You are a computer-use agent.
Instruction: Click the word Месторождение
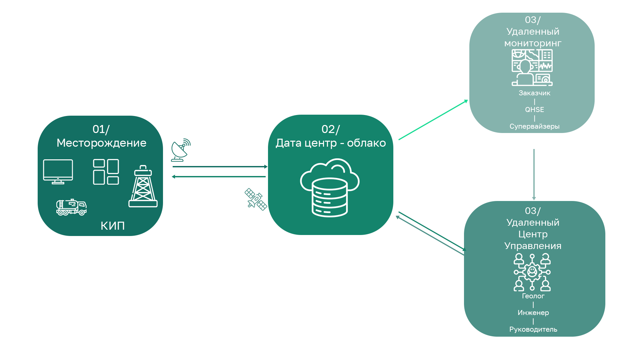[101, 143]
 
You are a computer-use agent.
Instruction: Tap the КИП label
[113, 226]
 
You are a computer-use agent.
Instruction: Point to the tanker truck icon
[71, 207]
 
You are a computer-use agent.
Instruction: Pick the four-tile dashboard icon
[106, 172]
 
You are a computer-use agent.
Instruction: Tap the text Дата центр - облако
[331, 143]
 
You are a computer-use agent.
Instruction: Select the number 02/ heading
[331, 129]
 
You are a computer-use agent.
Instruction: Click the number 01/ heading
[101, 129]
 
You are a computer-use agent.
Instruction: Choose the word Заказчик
[534, 93]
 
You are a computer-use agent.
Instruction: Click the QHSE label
[534, 110]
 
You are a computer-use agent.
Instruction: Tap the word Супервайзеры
[534, 126]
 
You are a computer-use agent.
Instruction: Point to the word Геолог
[533, 296]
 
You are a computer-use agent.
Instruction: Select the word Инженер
[533, 313]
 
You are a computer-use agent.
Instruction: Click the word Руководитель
[533, 329]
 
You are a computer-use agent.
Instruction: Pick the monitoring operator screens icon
[532, 68]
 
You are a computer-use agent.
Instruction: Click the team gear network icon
[532, 272]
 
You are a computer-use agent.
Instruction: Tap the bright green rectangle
[432, 120]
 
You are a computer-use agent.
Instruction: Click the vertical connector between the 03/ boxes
[534, 173]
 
